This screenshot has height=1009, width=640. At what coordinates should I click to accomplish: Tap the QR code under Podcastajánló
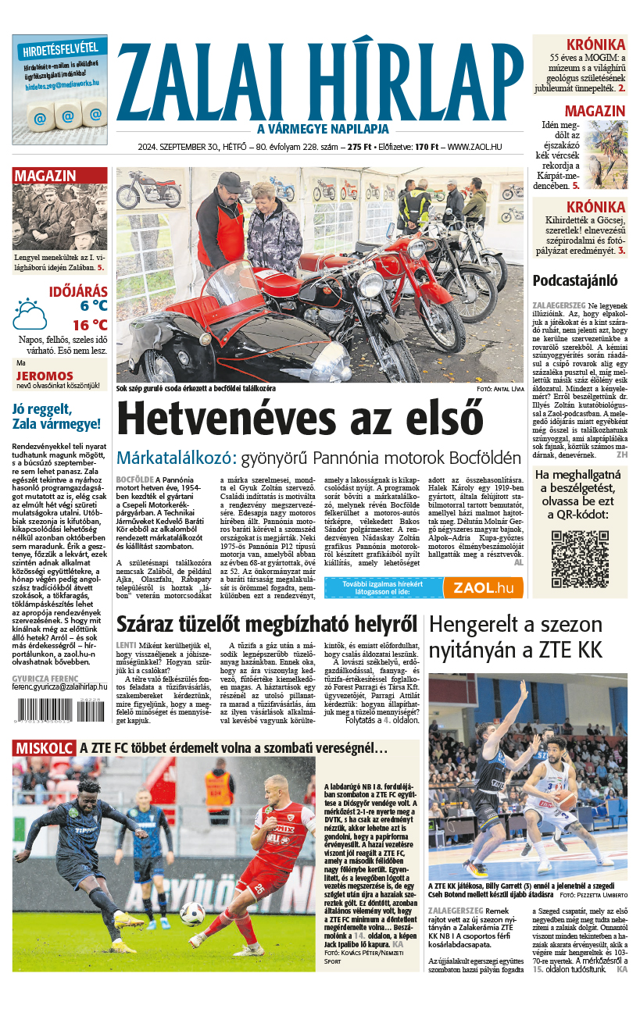point(579,558)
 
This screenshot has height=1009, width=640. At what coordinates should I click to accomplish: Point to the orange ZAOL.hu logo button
point(482,587)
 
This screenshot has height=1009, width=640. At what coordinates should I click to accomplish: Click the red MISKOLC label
point(44,748)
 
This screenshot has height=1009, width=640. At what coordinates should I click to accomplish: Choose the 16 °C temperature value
point(90,325)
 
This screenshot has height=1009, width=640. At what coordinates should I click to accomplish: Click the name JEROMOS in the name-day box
point(39,375)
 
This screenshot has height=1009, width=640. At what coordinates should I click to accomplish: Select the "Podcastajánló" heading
point(575,280)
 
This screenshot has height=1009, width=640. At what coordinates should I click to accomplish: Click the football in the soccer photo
point(192,912)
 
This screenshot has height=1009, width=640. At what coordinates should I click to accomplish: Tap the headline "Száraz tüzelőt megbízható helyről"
point(266,624)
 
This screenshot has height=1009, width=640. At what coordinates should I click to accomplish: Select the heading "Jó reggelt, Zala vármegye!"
point(56,417)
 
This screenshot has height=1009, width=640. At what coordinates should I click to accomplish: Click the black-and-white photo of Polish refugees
point(59,218)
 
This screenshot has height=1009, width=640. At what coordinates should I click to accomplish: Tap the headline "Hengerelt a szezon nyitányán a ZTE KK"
point(516,636)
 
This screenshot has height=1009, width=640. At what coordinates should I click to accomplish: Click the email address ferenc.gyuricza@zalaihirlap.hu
point(59,686)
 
